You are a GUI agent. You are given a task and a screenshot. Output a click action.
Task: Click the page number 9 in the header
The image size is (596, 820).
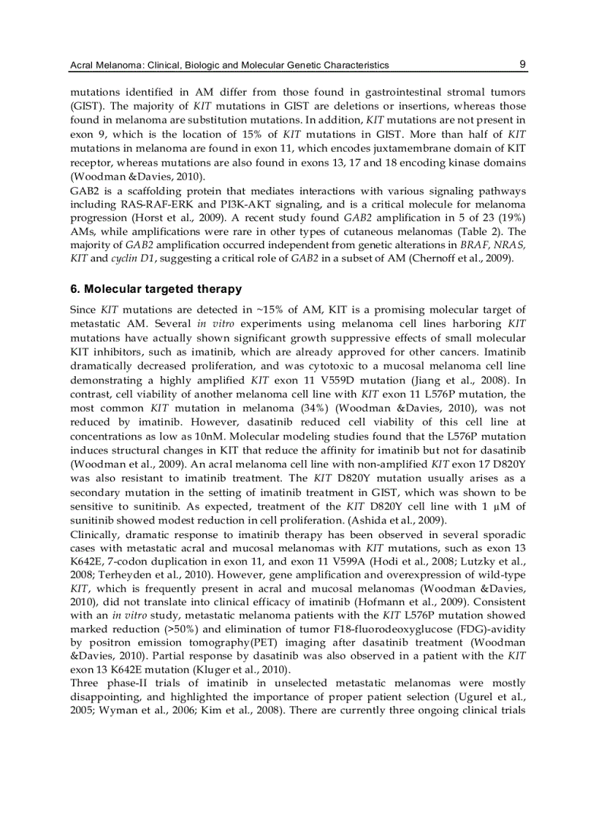(x=522, y=64)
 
